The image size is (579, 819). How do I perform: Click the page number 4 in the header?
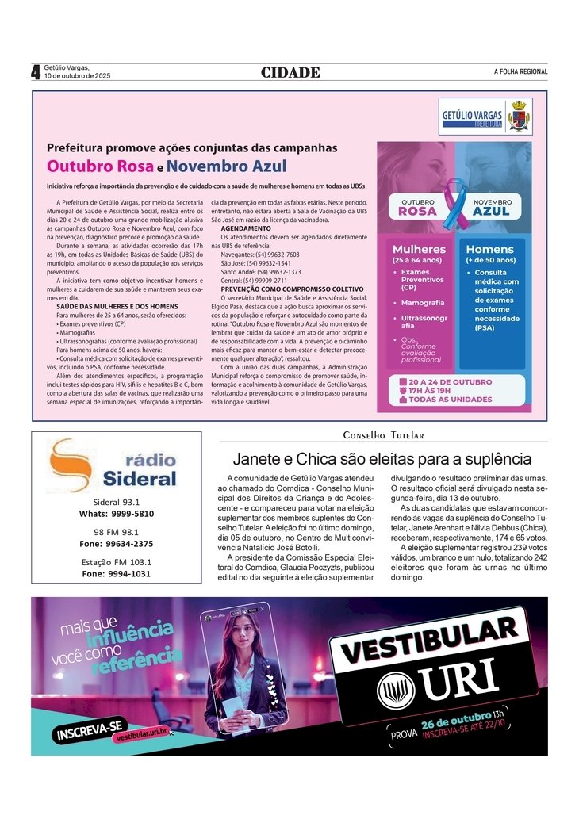(36, 72)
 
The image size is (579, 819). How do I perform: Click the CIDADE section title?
(290, 73)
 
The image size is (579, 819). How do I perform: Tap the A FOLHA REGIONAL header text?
(520, 72)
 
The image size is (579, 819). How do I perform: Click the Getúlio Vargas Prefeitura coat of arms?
(519, 116)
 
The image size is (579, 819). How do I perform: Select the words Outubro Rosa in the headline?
(100, 166)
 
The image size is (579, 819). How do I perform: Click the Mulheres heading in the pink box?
(419, 249)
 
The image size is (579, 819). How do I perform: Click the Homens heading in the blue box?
(489, 249)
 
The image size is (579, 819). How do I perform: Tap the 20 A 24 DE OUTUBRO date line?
(451, 382)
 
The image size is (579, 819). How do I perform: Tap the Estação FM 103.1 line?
(116, 562)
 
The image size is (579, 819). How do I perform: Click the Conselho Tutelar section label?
(383, 435)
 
